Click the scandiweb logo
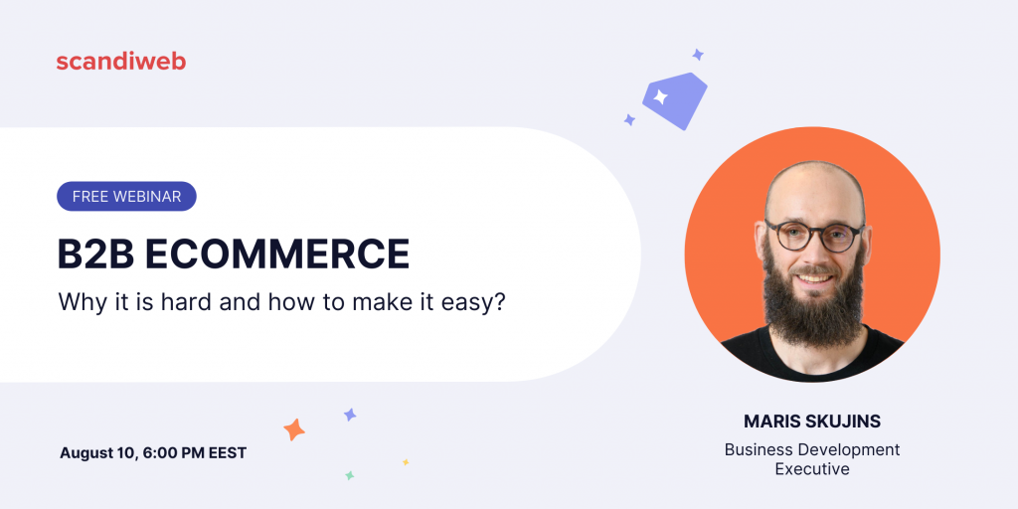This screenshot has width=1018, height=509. [x=120, y=61]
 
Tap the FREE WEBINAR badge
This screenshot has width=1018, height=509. [x=126, y=196]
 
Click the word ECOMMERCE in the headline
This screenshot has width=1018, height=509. [x=277, y=254]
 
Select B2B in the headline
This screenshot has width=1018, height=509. [x=95, y=254]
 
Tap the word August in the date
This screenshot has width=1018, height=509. [x=85, y=453]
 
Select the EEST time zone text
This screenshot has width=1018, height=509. [x=228, y=452]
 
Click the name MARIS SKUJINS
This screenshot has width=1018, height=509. [x=812, y=422]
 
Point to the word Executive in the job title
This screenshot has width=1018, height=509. [x=812, y=469]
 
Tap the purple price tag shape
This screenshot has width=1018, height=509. [x=675, y=100]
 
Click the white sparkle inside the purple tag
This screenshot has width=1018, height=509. [x=660, y=97]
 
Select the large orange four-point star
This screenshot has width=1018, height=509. [x=294, y=429]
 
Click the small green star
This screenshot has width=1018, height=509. [x=349, y=476]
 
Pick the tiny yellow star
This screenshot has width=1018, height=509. [x=406, y=462]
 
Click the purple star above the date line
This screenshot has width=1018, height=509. [x=350, y=415]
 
